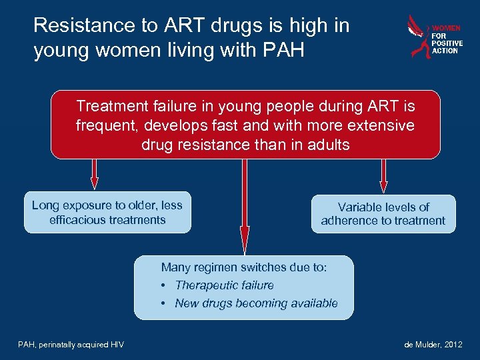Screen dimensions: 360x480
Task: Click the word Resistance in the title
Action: (75, 26)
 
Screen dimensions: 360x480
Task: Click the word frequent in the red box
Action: (102, 125)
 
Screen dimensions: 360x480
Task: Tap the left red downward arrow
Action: (95, 175)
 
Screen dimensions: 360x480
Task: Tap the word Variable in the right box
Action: (361, 207)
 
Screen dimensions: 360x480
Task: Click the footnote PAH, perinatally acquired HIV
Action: (71, 344)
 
